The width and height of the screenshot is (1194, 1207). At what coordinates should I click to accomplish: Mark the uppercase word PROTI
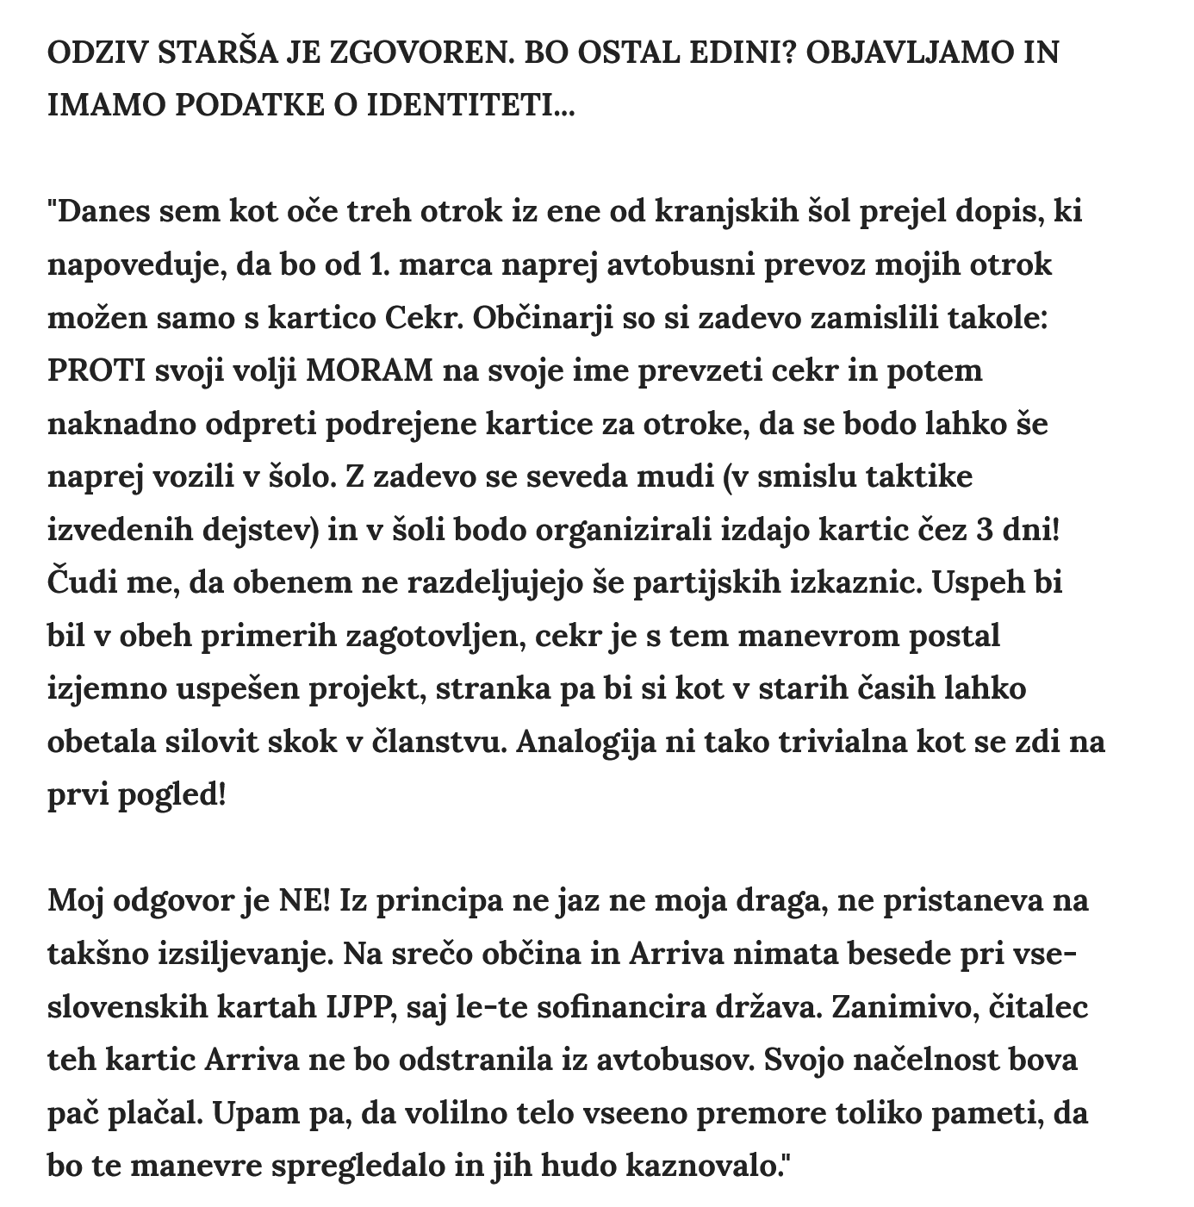96,370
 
